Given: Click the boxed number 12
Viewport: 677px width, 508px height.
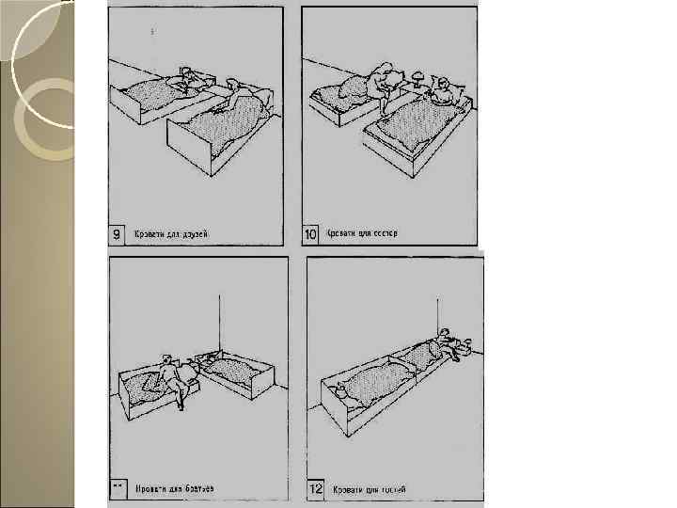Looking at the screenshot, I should [x=318, y=489].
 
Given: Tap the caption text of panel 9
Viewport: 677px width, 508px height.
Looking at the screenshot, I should [x=170, y=233].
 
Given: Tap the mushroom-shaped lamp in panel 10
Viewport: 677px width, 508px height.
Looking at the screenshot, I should [x=417, y=75].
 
